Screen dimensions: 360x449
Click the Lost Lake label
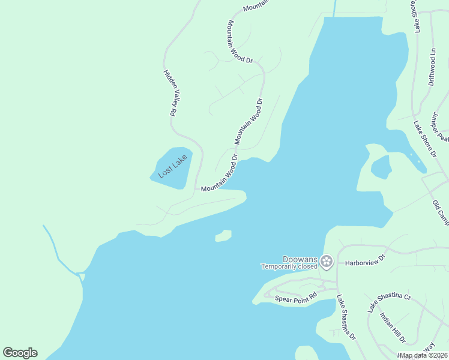click(173, 166)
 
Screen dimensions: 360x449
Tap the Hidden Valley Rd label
click(169, 92)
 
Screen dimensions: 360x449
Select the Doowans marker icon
click(326, 261)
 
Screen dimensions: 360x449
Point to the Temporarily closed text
click(288, 266)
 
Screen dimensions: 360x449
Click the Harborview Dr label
click(364, 263)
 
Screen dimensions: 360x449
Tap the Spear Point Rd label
click(295, 298)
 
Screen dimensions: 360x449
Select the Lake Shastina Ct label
click(390, 302)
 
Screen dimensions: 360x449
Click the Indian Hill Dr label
click(393, 328)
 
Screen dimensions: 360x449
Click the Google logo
click(20, 353)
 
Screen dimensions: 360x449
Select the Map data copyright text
click(424, 355)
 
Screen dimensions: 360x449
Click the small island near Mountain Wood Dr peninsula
click(223, 236)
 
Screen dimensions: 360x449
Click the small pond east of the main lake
click(381, 167)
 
